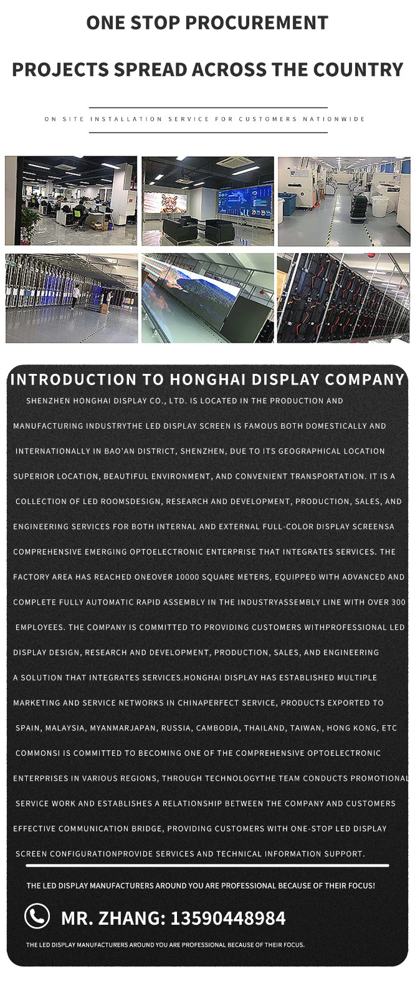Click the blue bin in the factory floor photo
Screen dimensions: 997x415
coord(287,208)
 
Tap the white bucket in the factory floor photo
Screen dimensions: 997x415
coord(379,206)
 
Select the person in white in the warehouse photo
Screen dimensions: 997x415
coord(75,295)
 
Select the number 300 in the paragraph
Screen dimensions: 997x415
coord(398,602)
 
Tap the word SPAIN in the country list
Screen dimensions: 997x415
coord(27,728)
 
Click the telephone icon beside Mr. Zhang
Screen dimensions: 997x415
coord(37,917)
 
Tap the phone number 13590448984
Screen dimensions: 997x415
coord(228,918)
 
